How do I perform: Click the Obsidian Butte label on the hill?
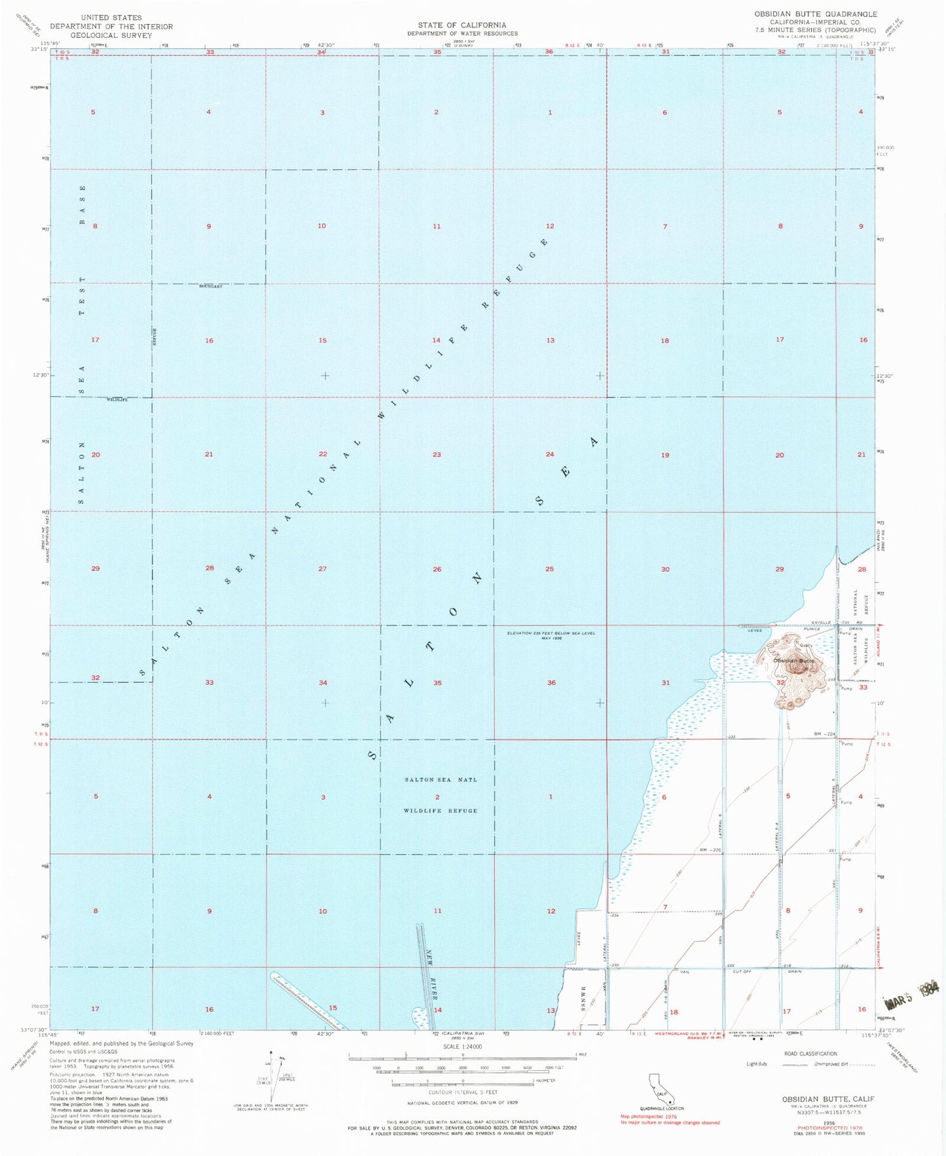tap(794, 660)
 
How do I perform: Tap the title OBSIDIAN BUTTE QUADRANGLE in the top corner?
tap(815, 14)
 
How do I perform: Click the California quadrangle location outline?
tap(663, 1090)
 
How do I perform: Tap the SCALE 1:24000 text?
tap(462, 1047)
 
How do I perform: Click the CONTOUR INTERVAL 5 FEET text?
tap(462, 1092)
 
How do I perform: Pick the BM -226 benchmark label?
tap(710, 850)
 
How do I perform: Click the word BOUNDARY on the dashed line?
tap(211, 287)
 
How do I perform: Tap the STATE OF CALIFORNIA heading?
tap(462, 25)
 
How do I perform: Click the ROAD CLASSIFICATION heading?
tap(809, 1054)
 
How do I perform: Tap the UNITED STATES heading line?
tap(111, 17)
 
